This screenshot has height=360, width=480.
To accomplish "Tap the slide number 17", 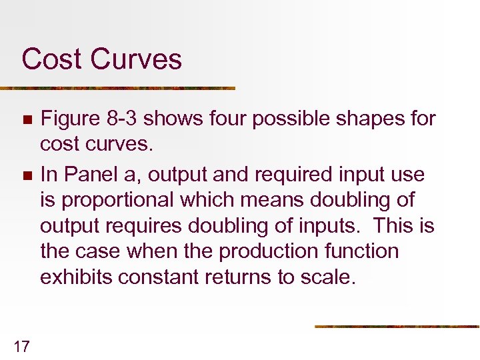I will [21, 345].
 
